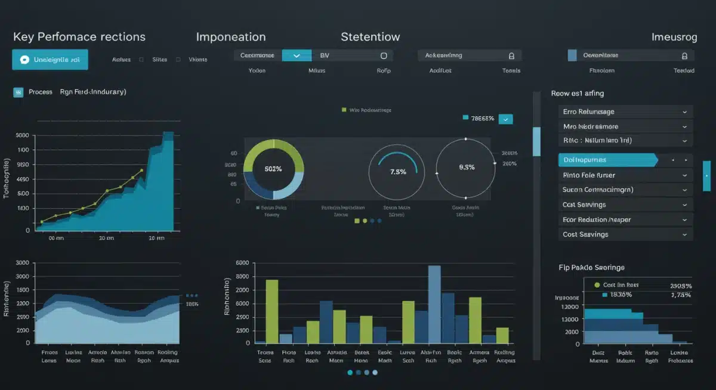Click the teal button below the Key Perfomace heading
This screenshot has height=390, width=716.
click(x=50, y=60)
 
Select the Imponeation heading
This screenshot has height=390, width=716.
click(x=231, y=37)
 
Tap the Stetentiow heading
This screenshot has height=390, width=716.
click(x=370, y=37)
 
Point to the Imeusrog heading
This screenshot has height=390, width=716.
click(x=674, y=37)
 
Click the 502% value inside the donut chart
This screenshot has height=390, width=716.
click(x=273, y=169)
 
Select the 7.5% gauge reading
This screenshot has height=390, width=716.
click(x=398, y=172)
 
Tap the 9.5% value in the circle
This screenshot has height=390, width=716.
click(x=467, y=168)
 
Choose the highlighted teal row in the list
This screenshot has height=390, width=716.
click(x=607, y=160)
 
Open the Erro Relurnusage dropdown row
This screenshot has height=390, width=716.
click(x=627, y=112)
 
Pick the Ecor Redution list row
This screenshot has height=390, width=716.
click(x=627, y=219)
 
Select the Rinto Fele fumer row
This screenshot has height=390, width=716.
click(x=627, y=175)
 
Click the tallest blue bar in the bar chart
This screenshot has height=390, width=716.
click(x=434, y=305)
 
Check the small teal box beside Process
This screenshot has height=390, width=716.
click(x=18, y=92)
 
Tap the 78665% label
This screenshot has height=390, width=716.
click(x=482, y=119)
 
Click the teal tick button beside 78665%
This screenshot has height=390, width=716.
click(x=506, y=119)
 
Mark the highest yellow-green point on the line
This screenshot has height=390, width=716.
click(x=142, y=171)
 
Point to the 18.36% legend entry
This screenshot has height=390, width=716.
click(x=621, y=295)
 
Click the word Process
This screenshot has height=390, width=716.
click(x=41, y=92)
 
